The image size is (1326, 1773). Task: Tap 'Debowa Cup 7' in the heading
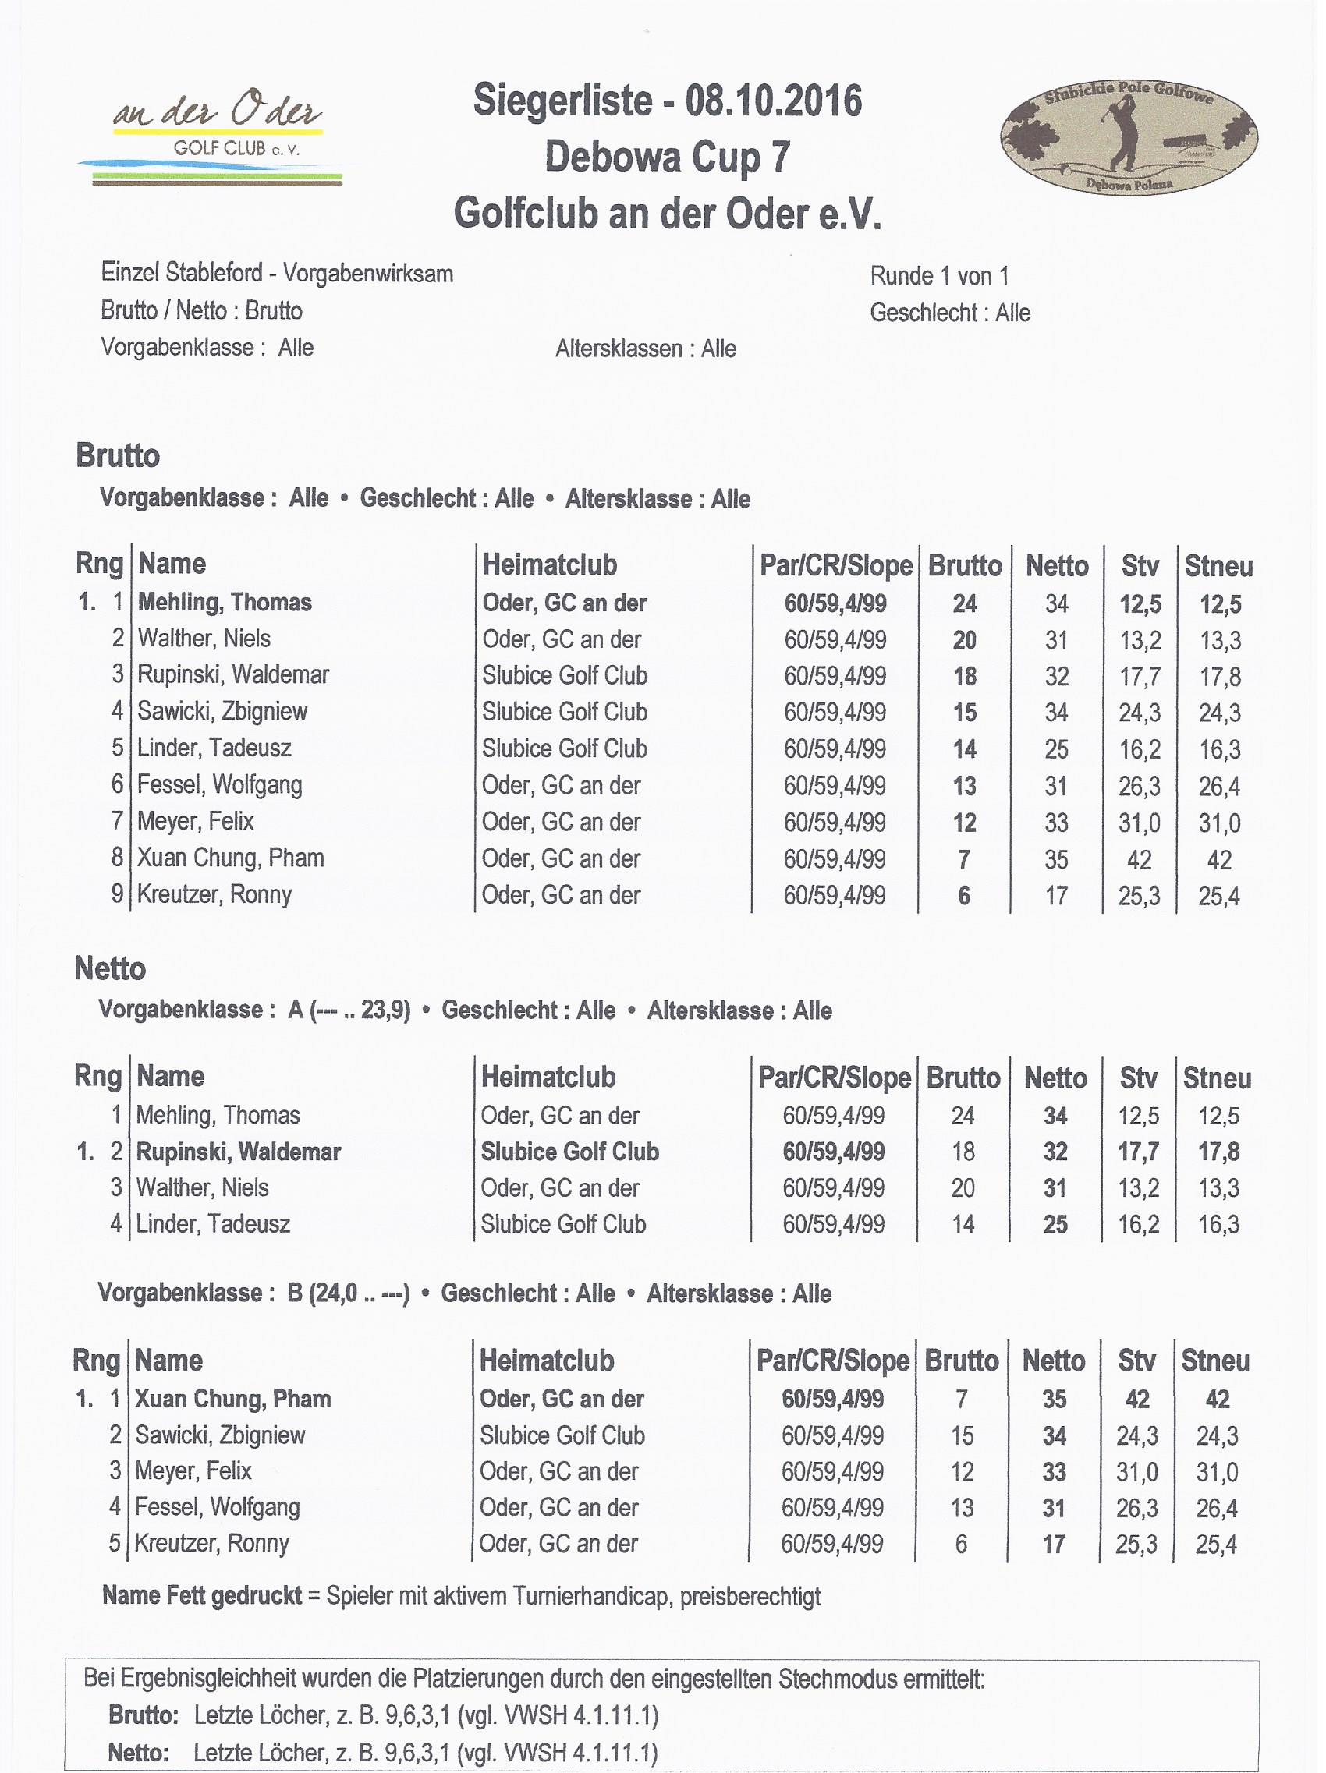[668, 157]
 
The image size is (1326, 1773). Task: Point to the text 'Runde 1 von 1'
[940, 277]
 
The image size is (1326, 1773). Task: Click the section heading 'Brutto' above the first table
[118, 455]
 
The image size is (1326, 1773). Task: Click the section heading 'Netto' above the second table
[110, 968]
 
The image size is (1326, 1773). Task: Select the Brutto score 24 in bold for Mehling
[964, 603]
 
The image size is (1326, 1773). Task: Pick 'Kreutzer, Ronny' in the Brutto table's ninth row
[214, 894]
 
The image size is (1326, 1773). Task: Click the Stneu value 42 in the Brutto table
[1218, 860]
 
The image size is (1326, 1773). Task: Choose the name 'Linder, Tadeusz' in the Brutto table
[214, 748]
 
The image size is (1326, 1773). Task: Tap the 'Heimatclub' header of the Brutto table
[549, 564]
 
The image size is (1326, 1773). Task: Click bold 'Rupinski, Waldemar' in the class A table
[238, 1152]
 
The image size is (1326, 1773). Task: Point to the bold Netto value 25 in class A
[1055, 1224]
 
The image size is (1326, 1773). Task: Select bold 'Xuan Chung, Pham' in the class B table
[232, 1399]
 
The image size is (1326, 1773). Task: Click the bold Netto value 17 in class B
[1054, 1544]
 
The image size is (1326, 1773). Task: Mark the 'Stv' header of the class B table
[1136, 1361]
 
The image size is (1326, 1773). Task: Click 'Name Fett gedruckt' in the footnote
[202, 1595]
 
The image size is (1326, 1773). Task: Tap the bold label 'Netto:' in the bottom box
[137, 1753]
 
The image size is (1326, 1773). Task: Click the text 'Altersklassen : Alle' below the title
[645, 349]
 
